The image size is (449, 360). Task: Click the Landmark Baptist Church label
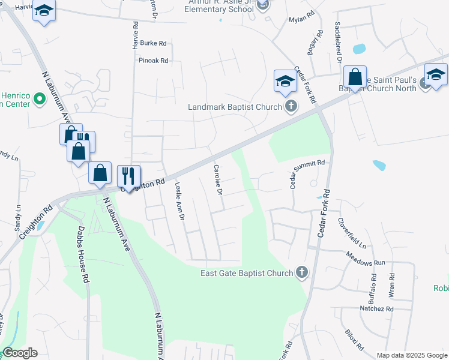[235, 107]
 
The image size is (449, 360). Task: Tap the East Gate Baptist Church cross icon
[302, 274]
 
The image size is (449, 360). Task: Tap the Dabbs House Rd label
[84, 254]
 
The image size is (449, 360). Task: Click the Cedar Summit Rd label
[307, 173]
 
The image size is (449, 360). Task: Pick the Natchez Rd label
[376, 308]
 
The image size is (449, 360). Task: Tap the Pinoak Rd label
[153, 61]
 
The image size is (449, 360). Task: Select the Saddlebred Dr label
[339, 43]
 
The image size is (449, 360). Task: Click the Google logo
[20, 353]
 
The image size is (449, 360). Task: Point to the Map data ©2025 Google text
[412, 355]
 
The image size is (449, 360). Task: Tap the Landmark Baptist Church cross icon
[291, 107]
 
